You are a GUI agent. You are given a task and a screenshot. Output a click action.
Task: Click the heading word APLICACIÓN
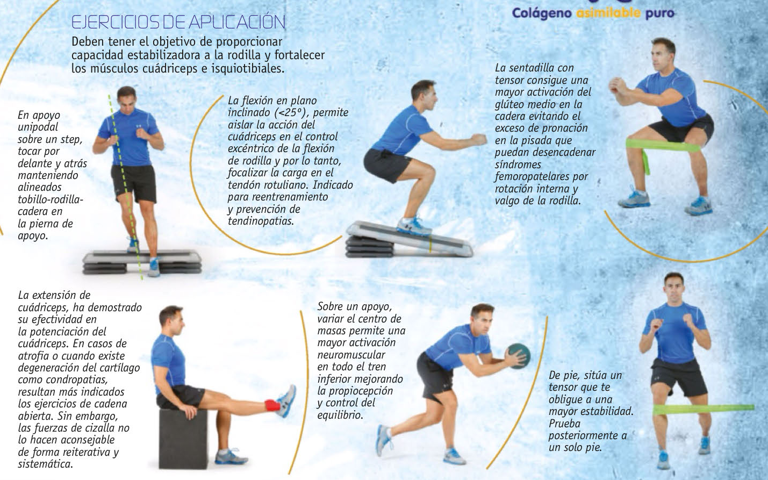tap(237, 22)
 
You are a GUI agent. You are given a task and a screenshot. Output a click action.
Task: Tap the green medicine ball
tap(519, 356)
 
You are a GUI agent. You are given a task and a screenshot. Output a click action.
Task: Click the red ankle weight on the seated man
tap(272, 405)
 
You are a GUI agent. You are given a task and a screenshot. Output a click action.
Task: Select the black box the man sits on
tap(183, 439)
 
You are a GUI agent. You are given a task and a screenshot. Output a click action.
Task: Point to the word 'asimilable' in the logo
tap(608, 13)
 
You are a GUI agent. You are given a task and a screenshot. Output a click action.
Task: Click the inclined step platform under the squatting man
tap(410, 240)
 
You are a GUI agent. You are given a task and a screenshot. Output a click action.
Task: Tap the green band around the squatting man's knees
tap(662, 147)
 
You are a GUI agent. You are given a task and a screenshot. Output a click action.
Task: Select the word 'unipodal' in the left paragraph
tap(38, 127)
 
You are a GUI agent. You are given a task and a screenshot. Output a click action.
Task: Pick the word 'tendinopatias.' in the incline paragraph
tap(261, 221)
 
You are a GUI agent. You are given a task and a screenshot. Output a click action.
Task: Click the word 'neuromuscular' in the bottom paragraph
tap(351, 355)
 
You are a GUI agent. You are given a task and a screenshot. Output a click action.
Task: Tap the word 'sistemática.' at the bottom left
tap(46, 464)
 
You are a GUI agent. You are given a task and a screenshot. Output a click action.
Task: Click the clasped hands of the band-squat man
tap(617, 85)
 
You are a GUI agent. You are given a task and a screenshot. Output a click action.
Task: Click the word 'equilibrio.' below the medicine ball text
tap(340, 415)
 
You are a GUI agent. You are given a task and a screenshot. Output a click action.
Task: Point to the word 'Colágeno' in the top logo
tap(542, 13)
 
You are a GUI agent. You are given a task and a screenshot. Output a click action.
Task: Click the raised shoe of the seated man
tap(286, 400)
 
